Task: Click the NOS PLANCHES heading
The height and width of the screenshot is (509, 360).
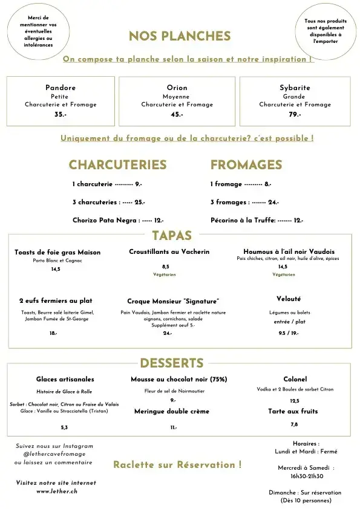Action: tap(180, 36)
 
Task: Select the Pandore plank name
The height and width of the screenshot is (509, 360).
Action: tap(61, 88)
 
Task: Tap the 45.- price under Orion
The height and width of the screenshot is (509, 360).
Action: tap(177, 114)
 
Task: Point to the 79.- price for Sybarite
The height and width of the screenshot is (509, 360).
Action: tap(295, 114)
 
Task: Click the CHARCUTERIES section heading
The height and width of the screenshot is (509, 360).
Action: tap(117, 165)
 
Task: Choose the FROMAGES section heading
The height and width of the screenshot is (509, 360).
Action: tap(246, 165)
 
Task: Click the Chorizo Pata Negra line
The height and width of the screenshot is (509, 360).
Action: tap(118, 221)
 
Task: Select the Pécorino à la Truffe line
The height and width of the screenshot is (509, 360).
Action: tap(257, 221)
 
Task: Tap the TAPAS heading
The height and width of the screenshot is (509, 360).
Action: tap(172, 236)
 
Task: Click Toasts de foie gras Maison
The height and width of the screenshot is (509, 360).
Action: tap(57, 252)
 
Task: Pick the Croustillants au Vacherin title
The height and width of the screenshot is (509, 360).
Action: tap(169, 251)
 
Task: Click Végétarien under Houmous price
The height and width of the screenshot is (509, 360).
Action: tap(284, 275)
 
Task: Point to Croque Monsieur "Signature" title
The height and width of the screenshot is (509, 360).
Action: tap(173, 301)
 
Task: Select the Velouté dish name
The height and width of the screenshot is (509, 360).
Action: tap(288, 299)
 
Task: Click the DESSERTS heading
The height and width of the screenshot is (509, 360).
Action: tap(171, 363)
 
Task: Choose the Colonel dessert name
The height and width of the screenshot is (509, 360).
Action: tap(295, 380)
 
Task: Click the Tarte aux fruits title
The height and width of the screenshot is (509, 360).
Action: tap(293, 411)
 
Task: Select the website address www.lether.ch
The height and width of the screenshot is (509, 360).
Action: tap(56, 491)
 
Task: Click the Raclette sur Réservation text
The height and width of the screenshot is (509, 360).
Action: tap(177, 465)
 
